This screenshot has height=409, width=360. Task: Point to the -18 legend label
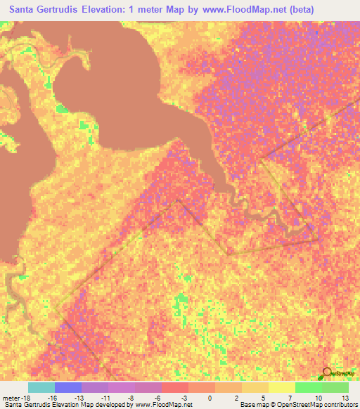(25, 398)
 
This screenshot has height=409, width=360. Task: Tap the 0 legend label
(210, 398)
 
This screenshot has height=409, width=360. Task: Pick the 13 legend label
(345, 398)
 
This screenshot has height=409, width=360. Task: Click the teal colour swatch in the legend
(41, 387)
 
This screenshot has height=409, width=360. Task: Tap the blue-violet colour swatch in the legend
(68, 387)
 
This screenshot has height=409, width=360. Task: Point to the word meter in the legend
(11, 398)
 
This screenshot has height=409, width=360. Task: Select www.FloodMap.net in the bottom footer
(153, 405)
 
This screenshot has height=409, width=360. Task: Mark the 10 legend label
(319, 398)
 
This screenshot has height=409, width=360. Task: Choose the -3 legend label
(183, 398)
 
